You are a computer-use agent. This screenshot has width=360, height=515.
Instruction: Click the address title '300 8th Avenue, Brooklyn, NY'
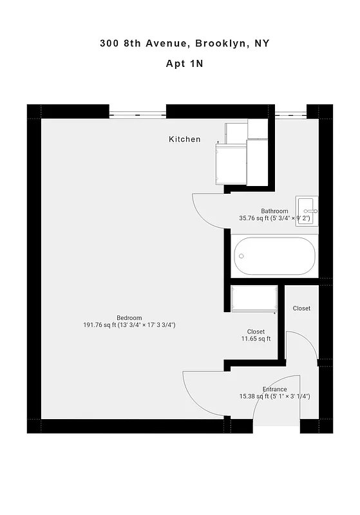pos(184,44)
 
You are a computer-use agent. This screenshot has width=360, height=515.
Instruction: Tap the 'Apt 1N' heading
pos(184,64)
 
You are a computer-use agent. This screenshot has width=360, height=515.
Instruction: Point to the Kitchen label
pos(184,139)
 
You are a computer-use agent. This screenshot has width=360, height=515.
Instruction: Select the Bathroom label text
pos(274,211)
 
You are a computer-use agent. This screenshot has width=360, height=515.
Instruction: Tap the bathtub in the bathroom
pos(275,256)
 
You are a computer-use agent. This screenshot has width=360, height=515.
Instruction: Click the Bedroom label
pos(129,318)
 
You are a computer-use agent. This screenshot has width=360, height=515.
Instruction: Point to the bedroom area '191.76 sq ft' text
pos(100,326)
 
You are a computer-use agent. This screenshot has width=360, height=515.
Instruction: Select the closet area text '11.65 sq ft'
pos(256,339)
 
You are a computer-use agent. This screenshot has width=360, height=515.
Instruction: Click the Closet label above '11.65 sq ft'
pos(256,332)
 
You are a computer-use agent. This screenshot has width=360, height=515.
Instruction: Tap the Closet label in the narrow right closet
pos(301,308)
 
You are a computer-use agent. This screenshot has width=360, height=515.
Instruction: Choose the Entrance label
pos(274,389)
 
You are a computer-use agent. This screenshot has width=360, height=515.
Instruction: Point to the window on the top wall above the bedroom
pos(138,115)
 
